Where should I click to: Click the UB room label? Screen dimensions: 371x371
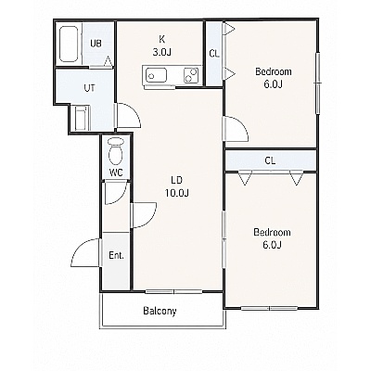pyautogui.click(x=96, y=44)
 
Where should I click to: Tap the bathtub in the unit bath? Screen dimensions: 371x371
pyautogui.click(x=69, y=44)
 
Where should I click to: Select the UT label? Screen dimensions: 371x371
pyautogui.click(x=90, y=88)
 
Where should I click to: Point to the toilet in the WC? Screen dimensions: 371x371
pyautogui.click(x=116, y=150)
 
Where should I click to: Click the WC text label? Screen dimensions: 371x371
pyautogui.click(x=116, y=173)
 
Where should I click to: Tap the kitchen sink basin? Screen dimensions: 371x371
pyautogui.click(x=156, y=75)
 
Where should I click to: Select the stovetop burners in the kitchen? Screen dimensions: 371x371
pyautogui.click(x=191, y=75)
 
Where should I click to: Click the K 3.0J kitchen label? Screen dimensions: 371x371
pyautogui.click(x=162, y=45)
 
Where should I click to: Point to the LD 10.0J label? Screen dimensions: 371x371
pyautogui.click(x=177, y=186)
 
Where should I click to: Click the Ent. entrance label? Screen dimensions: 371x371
pyautogui.click(x=116, y=255)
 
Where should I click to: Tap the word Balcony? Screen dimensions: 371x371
pyautogui.click(x=160, y=311)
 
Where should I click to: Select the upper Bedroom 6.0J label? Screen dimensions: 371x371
pyautogui.click(x=274, y=78)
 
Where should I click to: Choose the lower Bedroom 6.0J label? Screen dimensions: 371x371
pyautogui.click(x=272, y=238)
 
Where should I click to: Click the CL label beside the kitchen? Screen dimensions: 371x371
pyautogui.click(x=214, y=54)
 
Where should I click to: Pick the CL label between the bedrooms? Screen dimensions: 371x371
pyautogui.click(x=270, y=160)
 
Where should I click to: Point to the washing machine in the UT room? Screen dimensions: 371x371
pyautogui.click(x=83, y=118)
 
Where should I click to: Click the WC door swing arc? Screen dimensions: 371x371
pyautogui.click(x=122, y=198)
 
